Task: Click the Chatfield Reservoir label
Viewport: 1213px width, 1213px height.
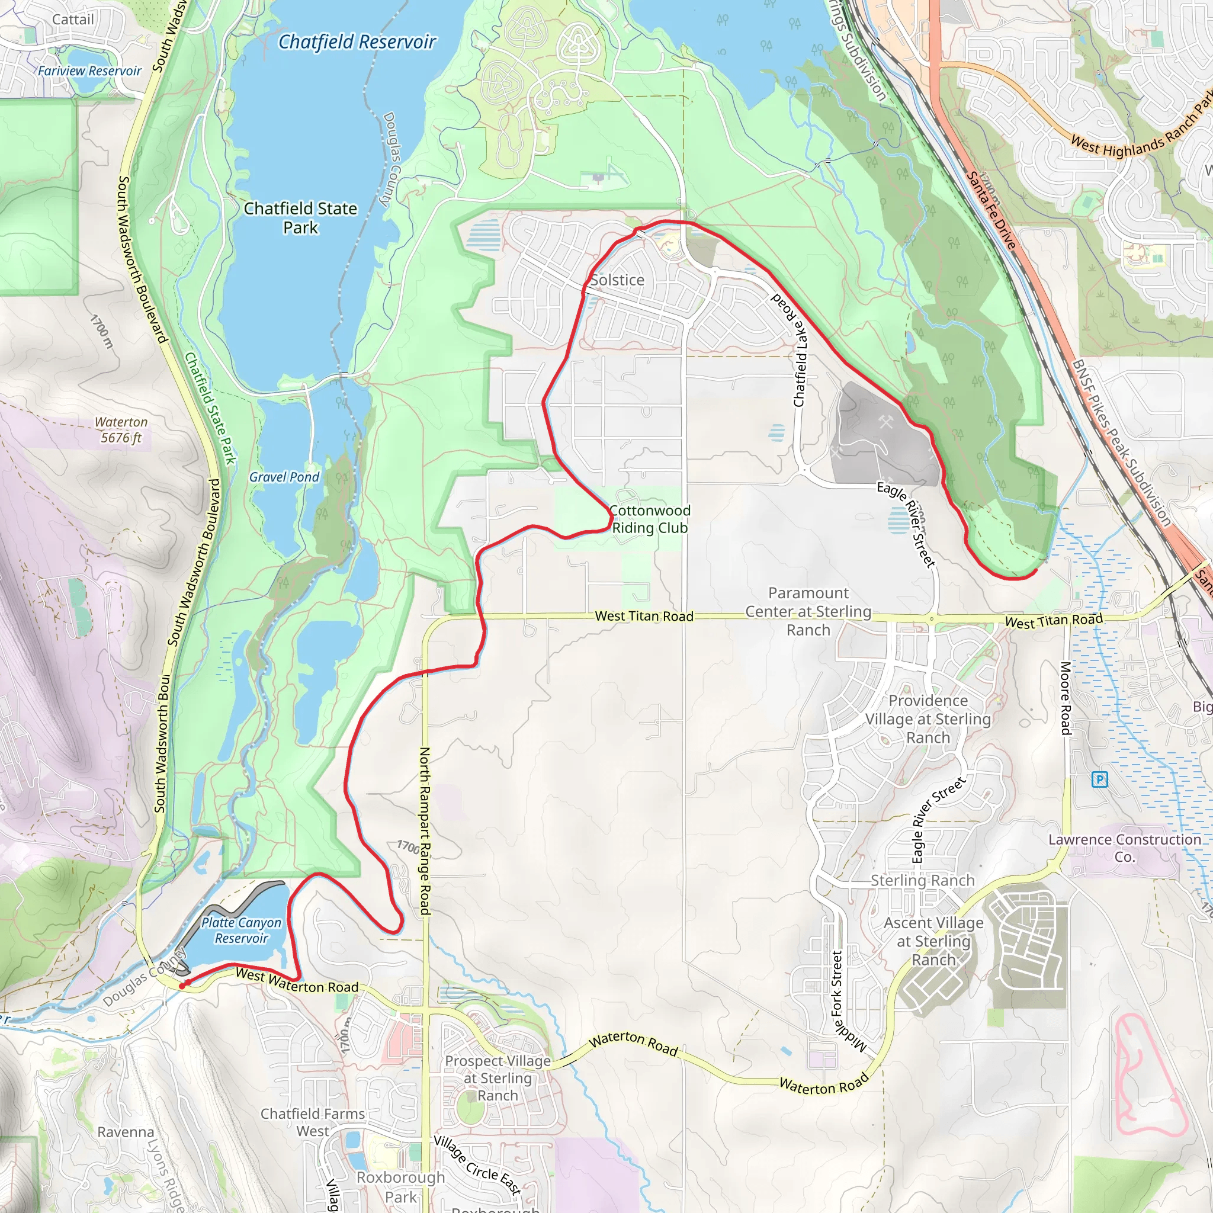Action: coord(357,42)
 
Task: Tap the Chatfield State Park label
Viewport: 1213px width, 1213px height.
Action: coord(300,218)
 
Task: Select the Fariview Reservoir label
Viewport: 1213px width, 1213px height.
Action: coord(90,71)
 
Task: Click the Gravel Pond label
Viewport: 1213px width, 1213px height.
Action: coord(284,477)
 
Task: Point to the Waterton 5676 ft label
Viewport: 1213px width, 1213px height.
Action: coord(121,430)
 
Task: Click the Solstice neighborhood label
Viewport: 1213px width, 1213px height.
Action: coord(617,280)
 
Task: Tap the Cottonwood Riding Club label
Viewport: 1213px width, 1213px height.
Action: coord(650,519)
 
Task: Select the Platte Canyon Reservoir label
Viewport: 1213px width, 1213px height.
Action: coord(242,930)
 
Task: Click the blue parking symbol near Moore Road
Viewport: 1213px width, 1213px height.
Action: coord(1099,780)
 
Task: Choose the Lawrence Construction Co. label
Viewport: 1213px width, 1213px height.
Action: coord(1125,848)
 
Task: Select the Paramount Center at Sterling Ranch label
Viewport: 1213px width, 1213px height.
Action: coord(808,611)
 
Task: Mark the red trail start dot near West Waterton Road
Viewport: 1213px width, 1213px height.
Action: coord(182,986)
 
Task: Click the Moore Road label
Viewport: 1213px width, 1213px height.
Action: coord(1066,698)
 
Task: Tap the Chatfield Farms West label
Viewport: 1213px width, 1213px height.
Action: coord(313,1122)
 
